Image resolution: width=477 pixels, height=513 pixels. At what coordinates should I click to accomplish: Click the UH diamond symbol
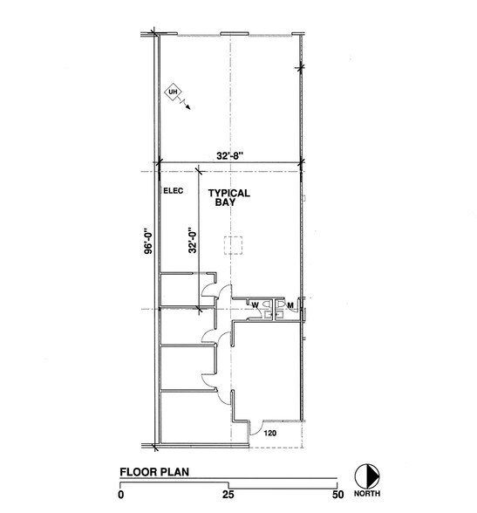pos(173,92)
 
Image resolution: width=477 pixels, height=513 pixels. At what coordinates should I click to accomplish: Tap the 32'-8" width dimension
pos(230,155)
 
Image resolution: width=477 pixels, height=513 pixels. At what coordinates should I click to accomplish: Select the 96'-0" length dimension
pos(148,242)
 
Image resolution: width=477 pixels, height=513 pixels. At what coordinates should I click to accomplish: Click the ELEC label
pos(174,190)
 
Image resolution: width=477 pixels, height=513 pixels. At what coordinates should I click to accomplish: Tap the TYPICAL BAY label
pos(229,197)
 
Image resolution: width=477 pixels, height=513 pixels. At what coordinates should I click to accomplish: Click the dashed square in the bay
pos(233,245)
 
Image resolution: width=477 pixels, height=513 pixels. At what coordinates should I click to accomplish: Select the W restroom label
pos(255,305)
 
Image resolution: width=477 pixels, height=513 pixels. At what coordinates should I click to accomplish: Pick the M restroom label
pos(290,305)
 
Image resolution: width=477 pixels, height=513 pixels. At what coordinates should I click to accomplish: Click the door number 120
pos(270,433)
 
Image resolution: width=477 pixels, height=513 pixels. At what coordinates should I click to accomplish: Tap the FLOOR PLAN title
pos(154,472)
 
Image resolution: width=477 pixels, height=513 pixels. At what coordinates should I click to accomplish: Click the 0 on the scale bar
pos(121,495)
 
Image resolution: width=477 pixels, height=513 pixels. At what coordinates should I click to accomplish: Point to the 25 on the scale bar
pos(228,495)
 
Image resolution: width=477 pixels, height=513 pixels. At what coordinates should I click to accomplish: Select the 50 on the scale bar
pos(338,495)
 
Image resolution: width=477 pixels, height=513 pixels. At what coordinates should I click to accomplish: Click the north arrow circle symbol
pos(367,476)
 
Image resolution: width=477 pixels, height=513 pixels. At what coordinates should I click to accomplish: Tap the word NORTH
pos(367,494)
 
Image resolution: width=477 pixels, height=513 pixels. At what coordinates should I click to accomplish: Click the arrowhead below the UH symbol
pos(188,107)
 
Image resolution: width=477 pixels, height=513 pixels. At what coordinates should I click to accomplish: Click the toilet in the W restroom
pos(267,304)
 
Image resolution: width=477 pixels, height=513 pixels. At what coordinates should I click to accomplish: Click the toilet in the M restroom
pos(280,304)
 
